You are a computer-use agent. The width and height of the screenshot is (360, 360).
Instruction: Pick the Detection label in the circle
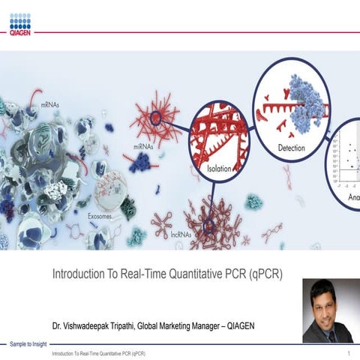pyautogui.click(x=291, y=148)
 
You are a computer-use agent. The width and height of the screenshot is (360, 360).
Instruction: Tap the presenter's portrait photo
pyautogui.click(x=327, y=310)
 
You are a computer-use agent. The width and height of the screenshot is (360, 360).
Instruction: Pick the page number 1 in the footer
pyautogui.click(x=349, y=352)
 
